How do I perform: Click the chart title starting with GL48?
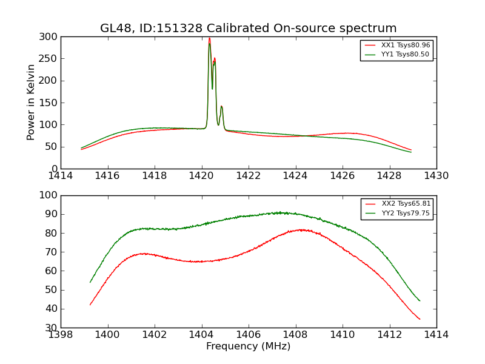(248, 29)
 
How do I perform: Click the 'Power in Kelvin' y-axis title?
(31, 102)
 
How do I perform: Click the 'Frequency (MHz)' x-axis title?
(248, 346)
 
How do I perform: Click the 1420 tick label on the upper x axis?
(202, 176)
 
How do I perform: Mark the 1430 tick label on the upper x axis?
(436, 176)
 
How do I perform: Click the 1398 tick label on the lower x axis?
(61, 335)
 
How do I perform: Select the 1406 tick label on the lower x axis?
(249, 335)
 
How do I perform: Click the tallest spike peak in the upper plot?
(209, 39)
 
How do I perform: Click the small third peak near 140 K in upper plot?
(221, 107)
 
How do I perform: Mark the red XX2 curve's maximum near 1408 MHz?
(302, 230)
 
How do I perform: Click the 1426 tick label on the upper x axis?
(343, 176)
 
